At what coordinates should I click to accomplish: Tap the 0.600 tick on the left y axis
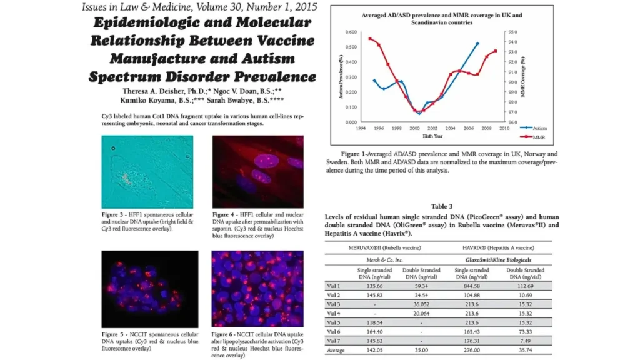(350, 32)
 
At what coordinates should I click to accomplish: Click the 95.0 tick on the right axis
(514, 32)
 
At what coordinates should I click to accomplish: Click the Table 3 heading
(442, 207)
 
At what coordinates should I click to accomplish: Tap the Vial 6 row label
(334, 331)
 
